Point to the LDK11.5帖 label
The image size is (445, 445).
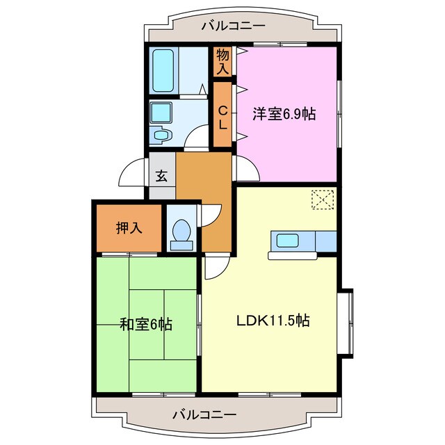click(272, 321)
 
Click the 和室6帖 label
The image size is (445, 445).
click(146, 324)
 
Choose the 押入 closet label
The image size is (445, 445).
click(129, 227)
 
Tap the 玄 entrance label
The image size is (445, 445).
click(161, 176)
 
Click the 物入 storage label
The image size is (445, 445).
click(223, 61)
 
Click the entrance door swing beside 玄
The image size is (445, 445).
click(132, 174)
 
